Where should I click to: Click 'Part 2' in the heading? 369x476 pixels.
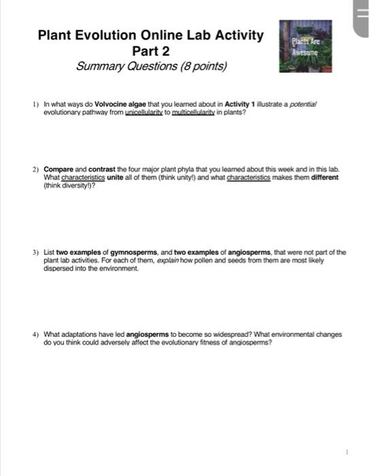pos(150,52)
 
